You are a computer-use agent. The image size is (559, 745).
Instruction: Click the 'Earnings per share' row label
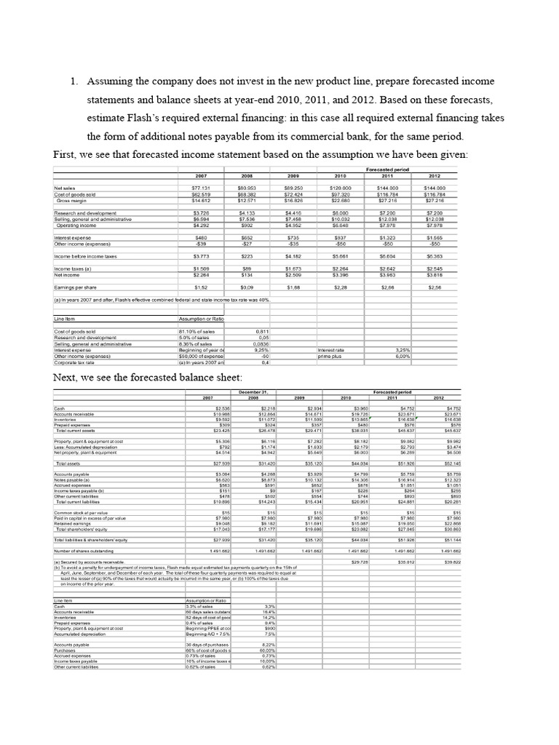pos(77,288)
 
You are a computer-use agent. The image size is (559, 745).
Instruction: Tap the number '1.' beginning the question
pos(74,81)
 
